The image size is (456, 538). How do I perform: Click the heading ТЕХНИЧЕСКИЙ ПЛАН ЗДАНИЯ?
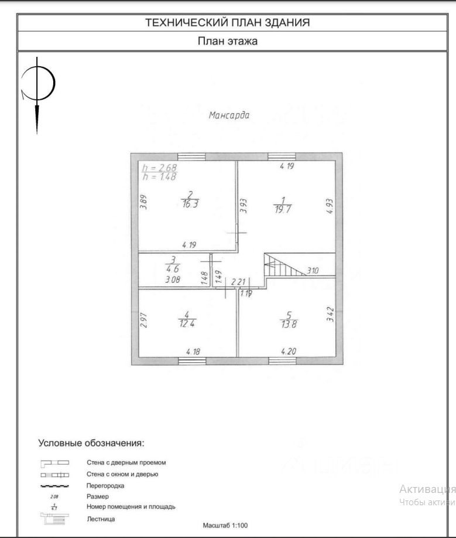pos(227,23)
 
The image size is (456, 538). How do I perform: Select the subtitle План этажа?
pos(227,41)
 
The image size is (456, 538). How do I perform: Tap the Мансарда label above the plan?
pos(229,115)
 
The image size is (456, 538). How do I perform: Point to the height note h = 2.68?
pos(159,168)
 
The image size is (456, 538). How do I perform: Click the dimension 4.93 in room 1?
pos(329,207)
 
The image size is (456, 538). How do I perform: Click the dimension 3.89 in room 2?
pos(143,202)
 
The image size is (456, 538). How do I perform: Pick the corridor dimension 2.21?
pos(238,282)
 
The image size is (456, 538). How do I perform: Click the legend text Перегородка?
pos(105,485)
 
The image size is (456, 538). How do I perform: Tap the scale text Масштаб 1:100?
pos(225,526)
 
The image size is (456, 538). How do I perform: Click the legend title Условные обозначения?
pos(91,442)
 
